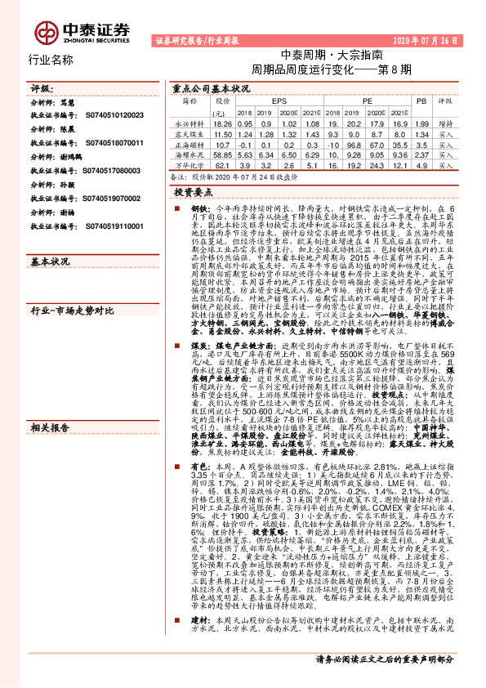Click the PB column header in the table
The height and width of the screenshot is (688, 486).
421,101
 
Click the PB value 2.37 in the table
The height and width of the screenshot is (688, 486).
421,153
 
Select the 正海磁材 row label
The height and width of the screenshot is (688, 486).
189,142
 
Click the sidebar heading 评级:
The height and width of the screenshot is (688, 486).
40,88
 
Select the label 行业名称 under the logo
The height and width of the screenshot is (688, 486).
51,60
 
